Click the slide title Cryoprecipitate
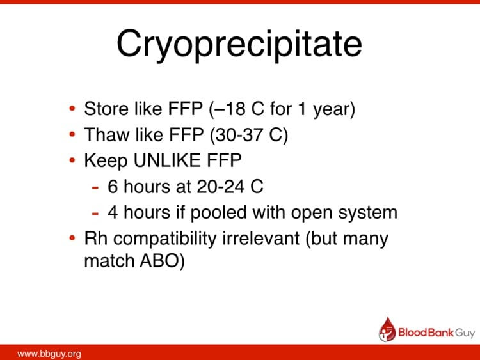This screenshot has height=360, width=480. (x=239, y=43)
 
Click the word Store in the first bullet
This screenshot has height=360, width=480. (x=102, y=109)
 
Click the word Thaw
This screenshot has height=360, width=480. (x=103, y=135)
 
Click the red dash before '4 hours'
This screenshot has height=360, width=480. (x=95, y=213)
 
